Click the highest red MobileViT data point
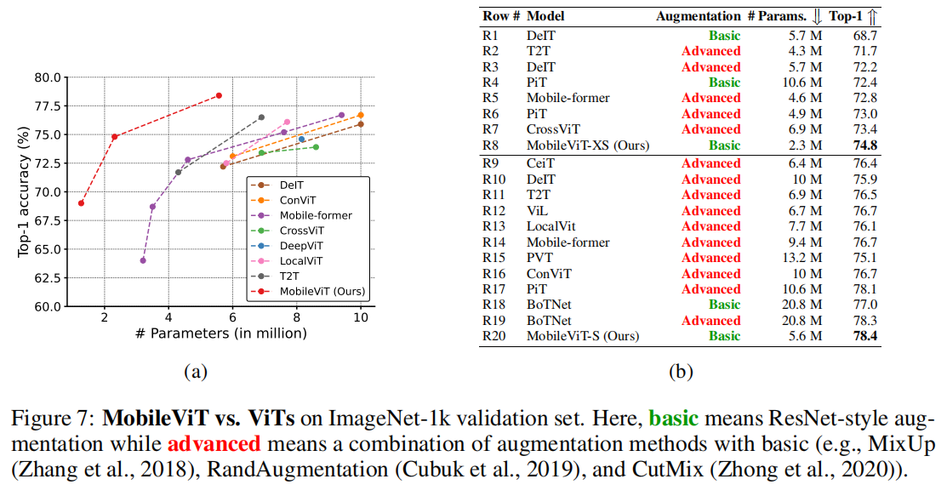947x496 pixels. [219, 95]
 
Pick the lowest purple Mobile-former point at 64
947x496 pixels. [143, 260]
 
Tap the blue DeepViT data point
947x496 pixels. [301, 140]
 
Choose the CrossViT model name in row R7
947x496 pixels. [553, 129]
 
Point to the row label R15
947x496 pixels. [494, 258]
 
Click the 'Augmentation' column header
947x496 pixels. [698, 16]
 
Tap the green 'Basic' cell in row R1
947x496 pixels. [724, 35]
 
